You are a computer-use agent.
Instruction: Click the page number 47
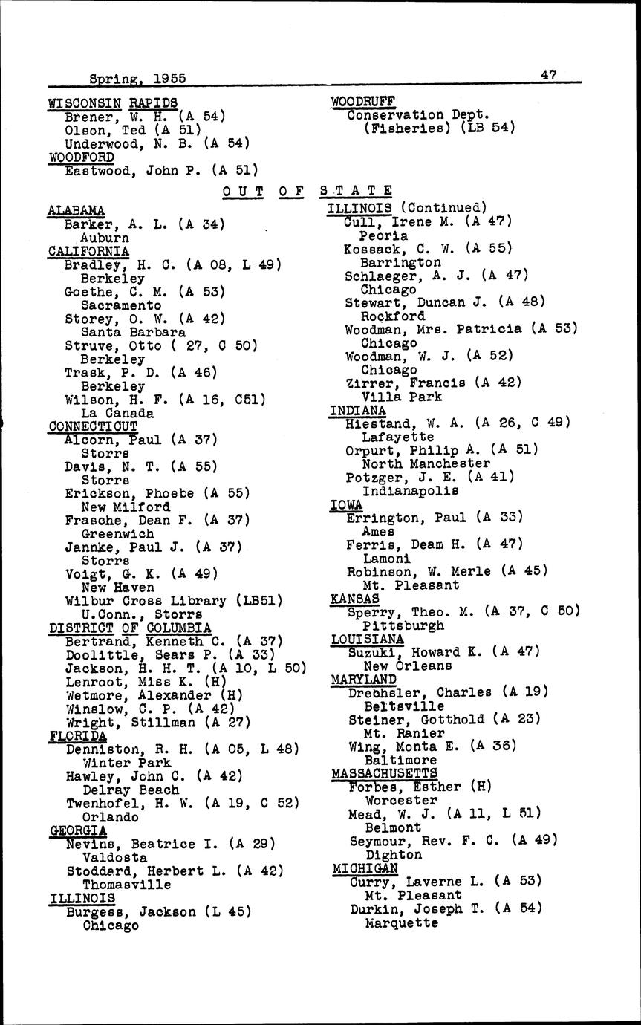[x=549, y=74]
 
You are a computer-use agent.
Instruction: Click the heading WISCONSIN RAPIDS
[x=112, y=102]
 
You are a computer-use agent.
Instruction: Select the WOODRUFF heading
[x=362, y=101]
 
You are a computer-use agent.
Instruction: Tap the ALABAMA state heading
[x=76, y=210]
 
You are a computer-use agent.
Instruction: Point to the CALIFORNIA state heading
[x=88, y=251]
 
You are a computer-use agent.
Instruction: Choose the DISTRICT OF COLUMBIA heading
[x=130, y=628]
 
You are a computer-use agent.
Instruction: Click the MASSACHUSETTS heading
[x=384, y=773]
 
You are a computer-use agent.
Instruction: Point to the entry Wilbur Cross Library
[x=145, y=601]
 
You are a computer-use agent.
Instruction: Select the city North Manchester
[x=417, y=463]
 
